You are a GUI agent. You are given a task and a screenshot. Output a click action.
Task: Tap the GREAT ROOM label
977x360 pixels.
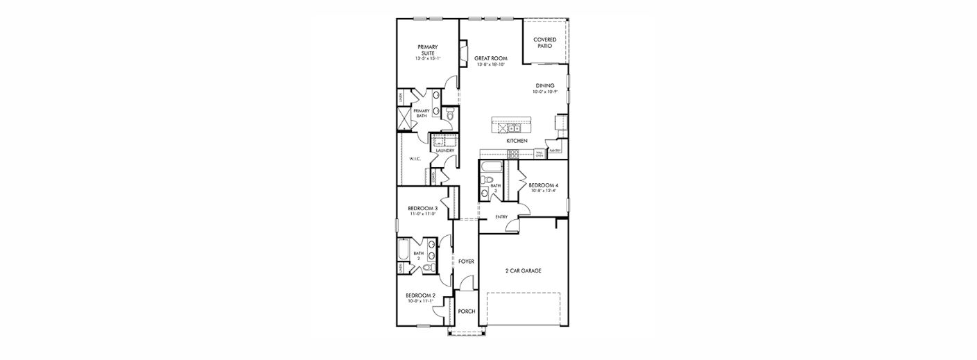[x=491, y=58]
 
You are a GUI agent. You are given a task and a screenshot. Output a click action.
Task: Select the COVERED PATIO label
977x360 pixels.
[x=544, y=42]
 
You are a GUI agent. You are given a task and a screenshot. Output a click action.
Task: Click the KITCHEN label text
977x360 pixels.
[x=517, y=141]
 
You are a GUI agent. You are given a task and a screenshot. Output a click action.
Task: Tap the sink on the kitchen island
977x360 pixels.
[x=515, y=128]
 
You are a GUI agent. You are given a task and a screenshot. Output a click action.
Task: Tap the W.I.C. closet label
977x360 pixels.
[x=415, y=159]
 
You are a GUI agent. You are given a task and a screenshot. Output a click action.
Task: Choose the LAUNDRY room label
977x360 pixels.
[x=444, y=151]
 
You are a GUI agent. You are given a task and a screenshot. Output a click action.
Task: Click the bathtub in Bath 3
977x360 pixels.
[x=492, y=167]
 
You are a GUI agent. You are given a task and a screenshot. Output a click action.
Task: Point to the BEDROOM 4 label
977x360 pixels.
[x=543, y=185]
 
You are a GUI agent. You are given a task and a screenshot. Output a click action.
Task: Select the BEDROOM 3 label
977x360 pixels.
[x=422, y=209]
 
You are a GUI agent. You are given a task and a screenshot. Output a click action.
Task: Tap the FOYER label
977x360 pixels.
[x=466, y=262]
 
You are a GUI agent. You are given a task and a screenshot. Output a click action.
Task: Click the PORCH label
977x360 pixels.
[x=466, y=311]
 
